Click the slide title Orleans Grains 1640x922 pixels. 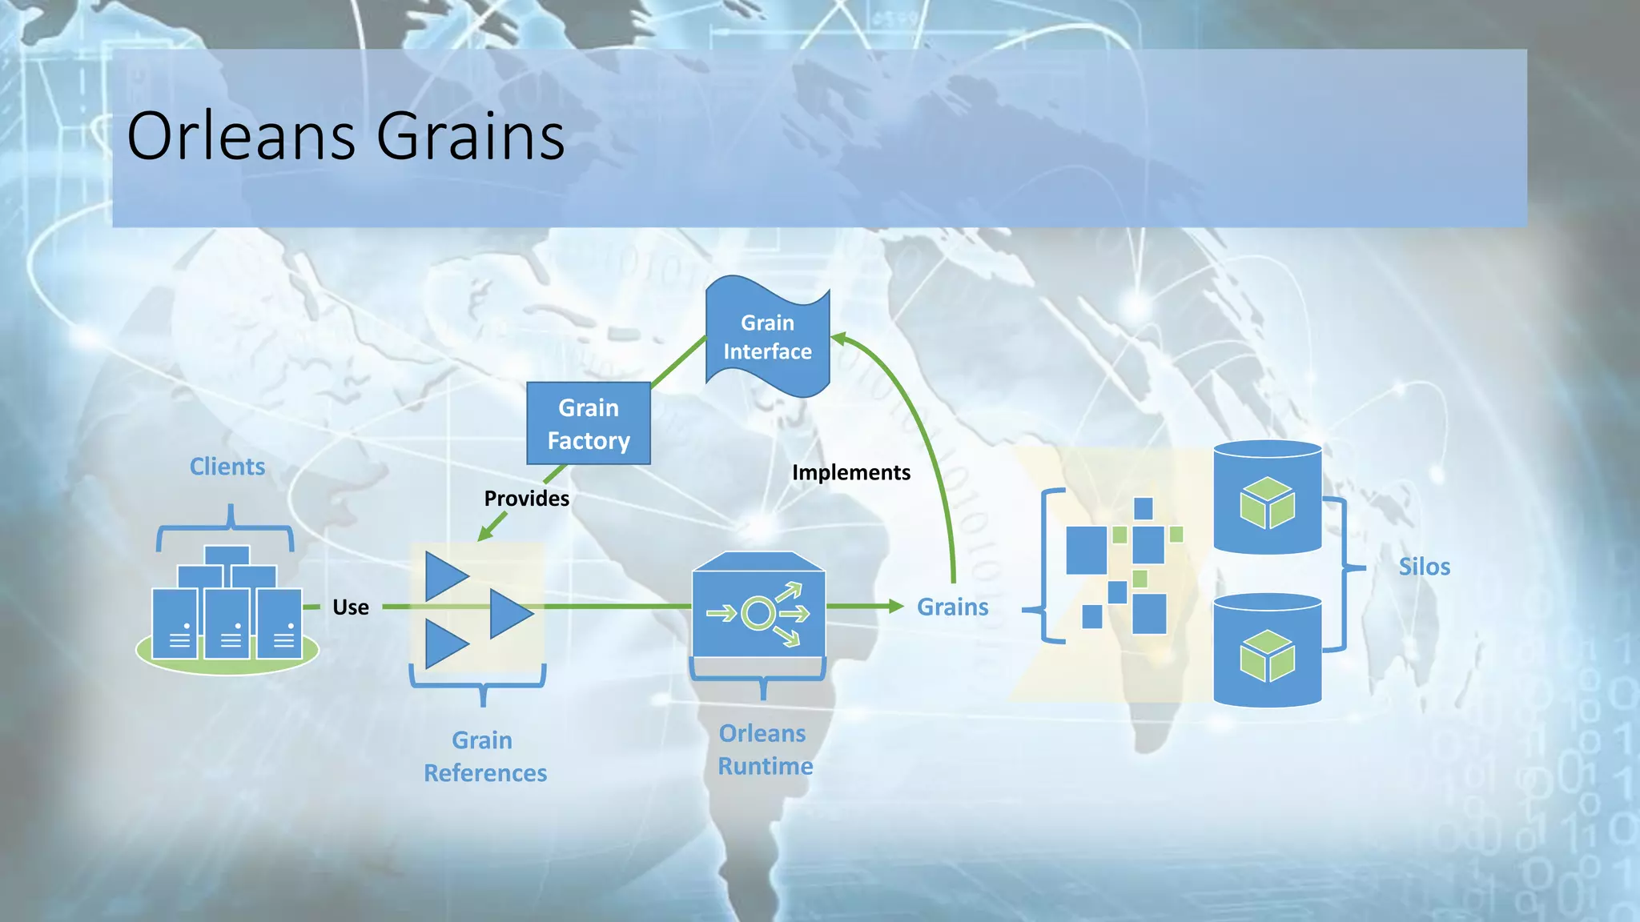[x=346, y=136]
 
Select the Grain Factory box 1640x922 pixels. [x=589, y=423]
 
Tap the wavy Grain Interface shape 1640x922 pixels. [x=767, y=337]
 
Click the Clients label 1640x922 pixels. [x=227, y=467]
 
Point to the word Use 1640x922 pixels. [x=351, y=607]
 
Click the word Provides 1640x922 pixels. [x=526, y=499]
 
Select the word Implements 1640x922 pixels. [x=850, y=472]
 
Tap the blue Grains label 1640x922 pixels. [x=952, y=607]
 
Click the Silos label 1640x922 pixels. [x=1424, y=567]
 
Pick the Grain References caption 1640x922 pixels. [x=484, y=756]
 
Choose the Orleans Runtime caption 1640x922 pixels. [x=765, y=750]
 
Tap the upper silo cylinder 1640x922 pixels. [x=1267, y=498]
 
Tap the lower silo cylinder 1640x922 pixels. [x=1267, y=651]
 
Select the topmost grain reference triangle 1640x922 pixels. [x=444, y=576]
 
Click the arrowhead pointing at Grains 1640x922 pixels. [x=896, y=607]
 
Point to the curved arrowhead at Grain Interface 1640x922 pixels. [x=838, y=339]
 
